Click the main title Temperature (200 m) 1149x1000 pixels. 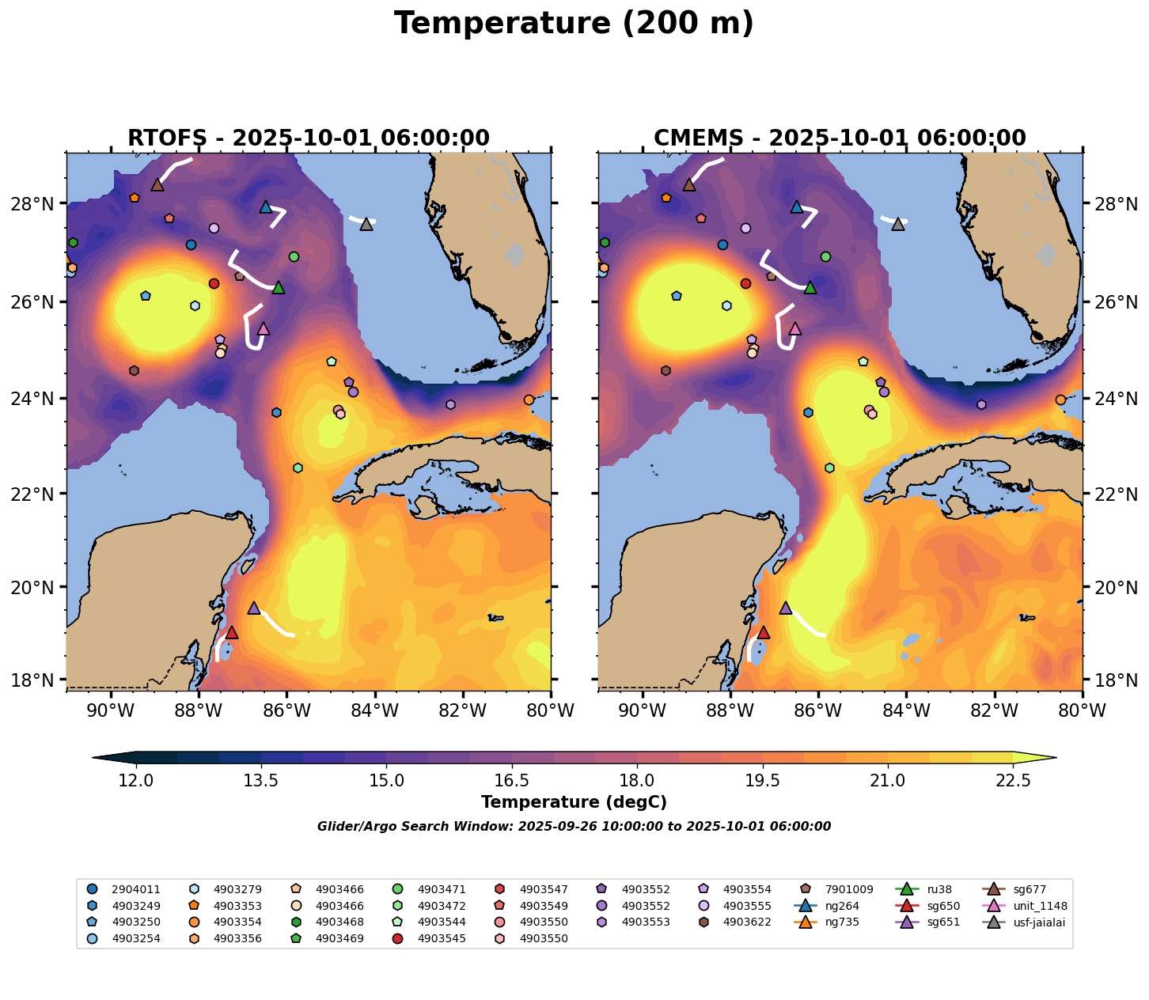(574, 24)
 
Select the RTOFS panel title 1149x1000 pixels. (309, 138)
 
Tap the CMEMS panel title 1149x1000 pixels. (840, 138)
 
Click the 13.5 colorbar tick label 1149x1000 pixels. (261, 781)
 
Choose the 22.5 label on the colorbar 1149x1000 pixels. (1013, 781)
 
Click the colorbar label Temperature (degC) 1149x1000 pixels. (574, 802)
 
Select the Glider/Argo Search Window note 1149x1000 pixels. (574, 827)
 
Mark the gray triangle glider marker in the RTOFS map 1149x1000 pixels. (366, 225)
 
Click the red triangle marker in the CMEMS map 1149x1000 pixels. (763, 633)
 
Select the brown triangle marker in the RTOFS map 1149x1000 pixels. (157, 185)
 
